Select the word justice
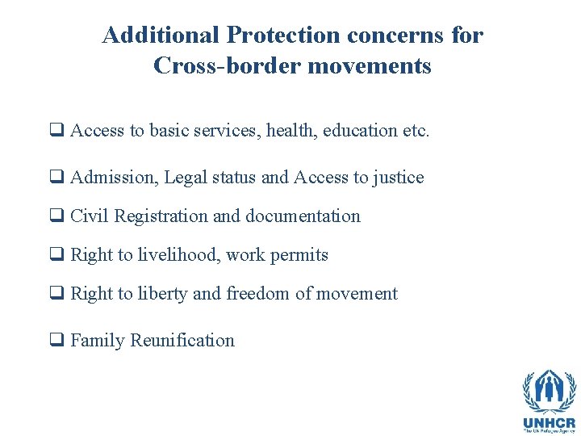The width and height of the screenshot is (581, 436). click(398, 177)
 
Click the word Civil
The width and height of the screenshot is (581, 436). click(90, 216)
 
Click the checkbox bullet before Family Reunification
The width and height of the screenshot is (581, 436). click(58, 341)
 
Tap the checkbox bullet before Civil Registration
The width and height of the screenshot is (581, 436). click(58, 216)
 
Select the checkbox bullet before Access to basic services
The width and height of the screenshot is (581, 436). click(58, 131)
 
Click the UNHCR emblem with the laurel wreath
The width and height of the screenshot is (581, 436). click(549, 392)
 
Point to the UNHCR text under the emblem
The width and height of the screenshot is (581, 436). click(549, 421)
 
